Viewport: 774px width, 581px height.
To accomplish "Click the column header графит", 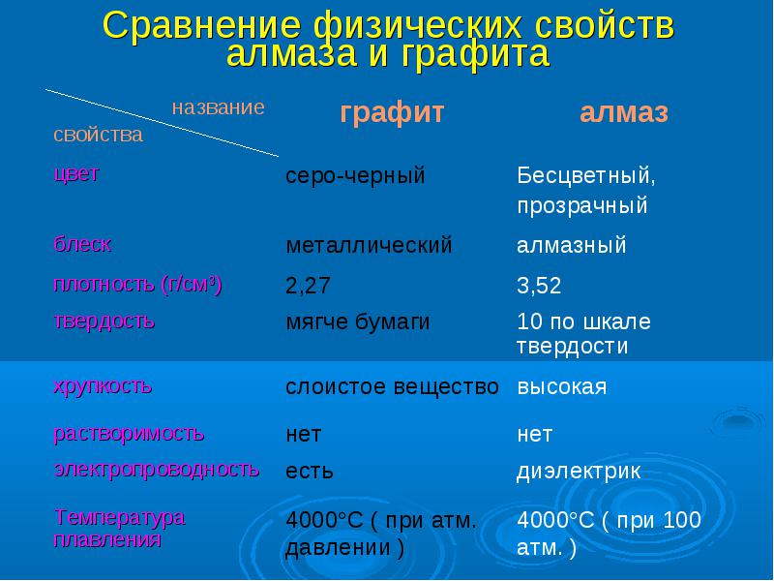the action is coord(393,113).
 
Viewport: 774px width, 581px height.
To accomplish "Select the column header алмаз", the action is coord(624,113).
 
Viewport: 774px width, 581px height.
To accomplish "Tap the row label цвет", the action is coord(76,174).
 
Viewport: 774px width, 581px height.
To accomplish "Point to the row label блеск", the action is coord(82,244).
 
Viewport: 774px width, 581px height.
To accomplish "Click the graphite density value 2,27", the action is coord(308,286).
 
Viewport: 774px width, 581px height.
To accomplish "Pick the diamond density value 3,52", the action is coord(539,286).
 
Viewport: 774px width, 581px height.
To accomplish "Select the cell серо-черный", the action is coord(355,176).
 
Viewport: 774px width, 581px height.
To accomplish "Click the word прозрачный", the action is coord(582,205).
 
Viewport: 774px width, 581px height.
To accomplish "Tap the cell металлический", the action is coord(369,246).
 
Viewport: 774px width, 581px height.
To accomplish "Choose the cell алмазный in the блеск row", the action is coord(572,246).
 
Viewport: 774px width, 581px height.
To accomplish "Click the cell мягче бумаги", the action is coord(358,322).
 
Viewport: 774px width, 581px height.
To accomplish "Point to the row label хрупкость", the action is coord(103,385).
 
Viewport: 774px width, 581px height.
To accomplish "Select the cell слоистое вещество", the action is coord(392,386).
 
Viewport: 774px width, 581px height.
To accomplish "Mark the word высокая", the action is coord(562,386).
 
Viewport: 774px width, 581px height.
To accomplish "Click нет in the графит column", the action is coord(304,435).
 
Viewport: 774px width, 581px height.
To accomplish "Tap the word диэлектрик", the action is coord(579,471).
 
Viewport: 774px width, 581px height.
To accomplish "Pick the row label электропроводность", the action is coord(157,469).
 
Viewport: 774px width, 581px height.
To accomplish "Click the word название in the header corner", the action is coord(219,107).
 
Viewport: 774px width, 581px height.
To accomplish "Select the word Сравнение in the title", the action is coord(201,25).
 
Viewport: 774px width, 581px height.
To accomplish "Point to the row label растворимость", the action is coord(129,434).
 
